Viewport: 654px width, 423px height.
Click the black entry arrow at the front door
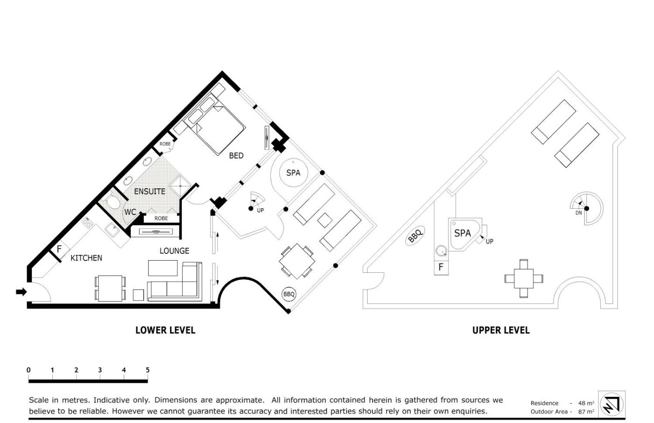pos(21,292)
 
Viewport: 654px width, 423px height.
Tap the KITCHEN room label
pos(86,258)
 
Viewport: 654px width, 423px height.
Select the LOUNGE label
pos(174,251)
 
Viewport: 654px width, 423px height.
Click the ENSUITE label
pos(149,191)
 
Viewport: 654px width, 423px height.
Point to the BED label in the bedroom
pos(236,156)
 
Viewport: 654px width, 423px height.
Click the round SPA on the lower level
pos(293,173)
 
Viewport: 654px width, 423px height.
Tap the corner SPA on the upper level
pos(465,234)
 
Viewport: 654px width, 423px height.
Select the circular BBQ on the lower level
pos(289,294)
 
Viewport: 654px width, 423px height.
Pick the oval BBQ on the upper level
pos(415,236)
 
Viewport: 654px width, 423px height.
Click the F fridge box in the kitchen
pos(59,249)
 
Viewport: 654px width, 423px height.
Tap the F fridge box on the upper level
pos(441,267)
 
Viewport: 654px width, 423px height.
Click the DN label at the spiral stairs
pos(578,213)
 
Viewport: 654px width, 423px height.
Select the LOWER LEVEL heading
pos(165,330)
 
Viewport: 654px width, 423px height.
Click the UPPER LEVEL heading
pos(501,330)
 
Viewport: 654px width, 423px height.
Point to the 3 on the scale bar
pos(100,370)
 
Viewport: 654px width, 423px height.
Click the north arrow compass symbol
pos(611,405)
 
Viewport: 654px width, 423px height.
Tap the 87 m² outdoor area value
pos(586,412)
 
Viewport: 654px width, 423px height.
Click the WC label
pos(130,212)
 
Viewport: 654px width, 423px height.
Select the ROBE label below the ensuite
pos(161,218)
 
